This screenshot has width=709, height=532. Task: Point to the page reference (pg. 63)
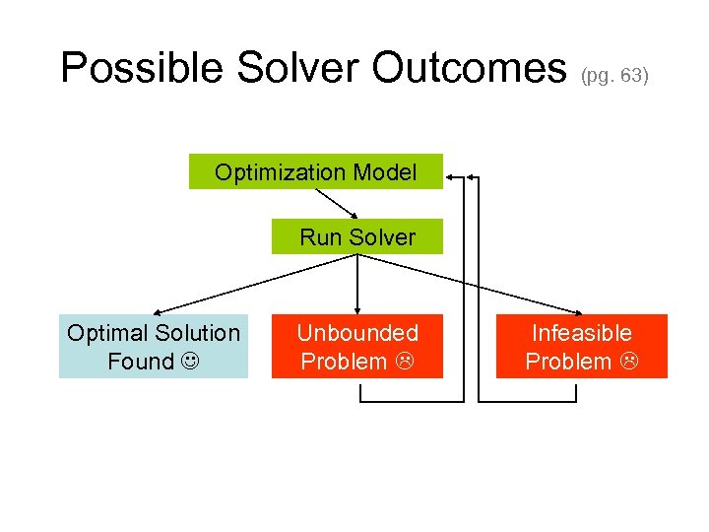615,75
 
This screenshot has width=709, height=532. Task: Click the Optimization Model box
316,171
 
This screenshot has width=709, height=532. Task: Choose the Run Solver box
357,237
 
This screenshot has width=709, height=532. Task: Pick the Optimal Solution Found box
154,347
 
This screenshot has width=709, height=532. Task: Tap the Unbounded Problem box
357,347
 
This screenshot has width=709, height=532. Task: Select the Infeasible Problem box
581,347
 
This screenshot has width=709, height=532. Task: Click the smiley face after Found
186,362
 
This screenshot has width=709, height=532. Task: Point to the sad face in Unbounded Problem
402,362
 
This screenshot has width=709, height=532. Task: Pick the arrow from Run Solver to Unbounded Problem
357,286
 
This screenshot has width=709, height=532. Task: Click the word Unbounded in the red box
357,333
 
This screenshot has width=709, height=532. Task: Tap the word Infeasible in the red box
581,333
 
